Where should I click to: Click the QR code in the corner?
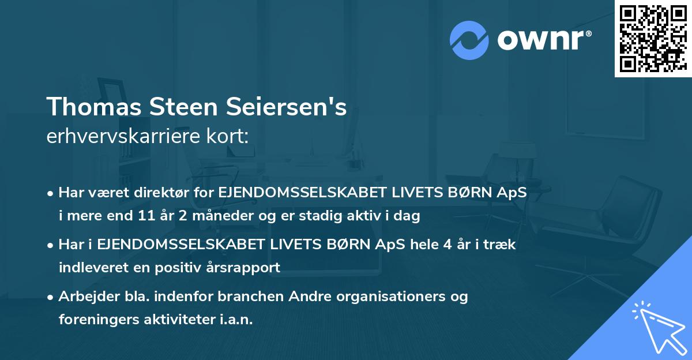click(x=653, y=39)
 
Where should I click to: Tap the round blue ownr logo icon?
click(x=469, y=40)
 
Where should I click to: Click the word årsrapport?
click(x=246, y=268)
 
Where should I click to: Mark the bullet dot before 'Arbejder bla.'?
click(x=51, y=297)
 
